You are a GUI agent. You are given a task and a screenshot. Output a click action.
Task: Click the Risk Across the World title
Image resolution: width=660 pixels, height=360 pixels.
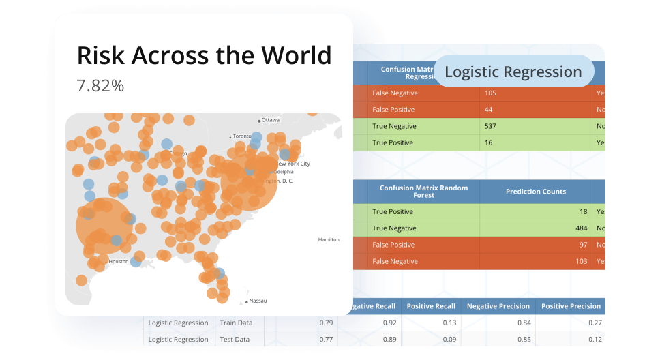pos(204,55)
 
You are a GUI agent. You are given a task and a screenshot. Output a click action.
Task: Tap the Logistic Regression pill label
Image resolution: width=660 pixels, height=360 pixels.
pos(513,72)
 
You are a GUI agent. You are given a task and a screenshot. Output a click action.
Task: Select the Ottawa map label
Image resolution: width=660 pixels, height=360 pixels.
pos(271,120)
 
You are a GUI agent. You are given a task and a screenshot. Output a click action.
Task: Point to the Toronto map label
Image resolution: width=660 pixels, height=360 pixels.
pos(242,136)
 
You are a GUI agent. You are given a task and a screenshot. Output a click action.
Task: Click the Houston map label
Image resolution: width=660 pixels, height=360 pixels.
pos(118,261)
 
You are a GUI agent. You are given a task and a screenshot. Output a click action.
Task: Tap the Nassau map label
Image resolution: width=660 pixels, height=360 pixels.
pos(258,301)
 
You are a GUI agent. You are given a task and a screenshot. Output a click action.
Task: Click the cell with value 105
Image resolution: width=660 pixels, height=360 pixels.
pos(490,93)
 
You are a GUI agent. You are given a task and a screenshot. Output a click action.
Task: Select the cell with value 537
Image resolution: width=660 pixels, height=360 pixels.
pos(490,126)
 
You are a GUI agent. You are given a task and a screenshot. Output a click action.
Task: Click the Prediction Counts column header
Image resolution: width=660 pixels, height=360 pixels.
pos(535,192)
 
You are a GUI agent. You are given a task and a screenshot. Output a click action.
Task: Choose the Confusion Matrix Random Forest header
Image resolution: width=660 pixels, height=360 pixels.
pos(416,192)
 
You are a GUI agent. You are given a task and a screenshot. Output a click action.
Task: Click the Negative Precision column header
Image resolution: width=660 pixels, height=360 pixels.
pos(497,306)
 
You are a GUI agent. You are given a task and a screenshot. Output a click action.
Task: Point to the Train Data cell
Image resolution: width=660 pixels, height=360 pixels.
pos(234,322)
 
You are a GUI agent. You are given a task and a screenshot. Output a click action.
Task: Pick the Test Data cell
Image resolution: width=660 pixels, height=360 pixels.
pos(234,339)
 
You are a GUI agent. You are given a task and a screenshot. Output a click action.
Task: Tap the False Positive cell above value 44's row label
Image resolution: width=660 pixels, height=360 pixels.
pos(393,110)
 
